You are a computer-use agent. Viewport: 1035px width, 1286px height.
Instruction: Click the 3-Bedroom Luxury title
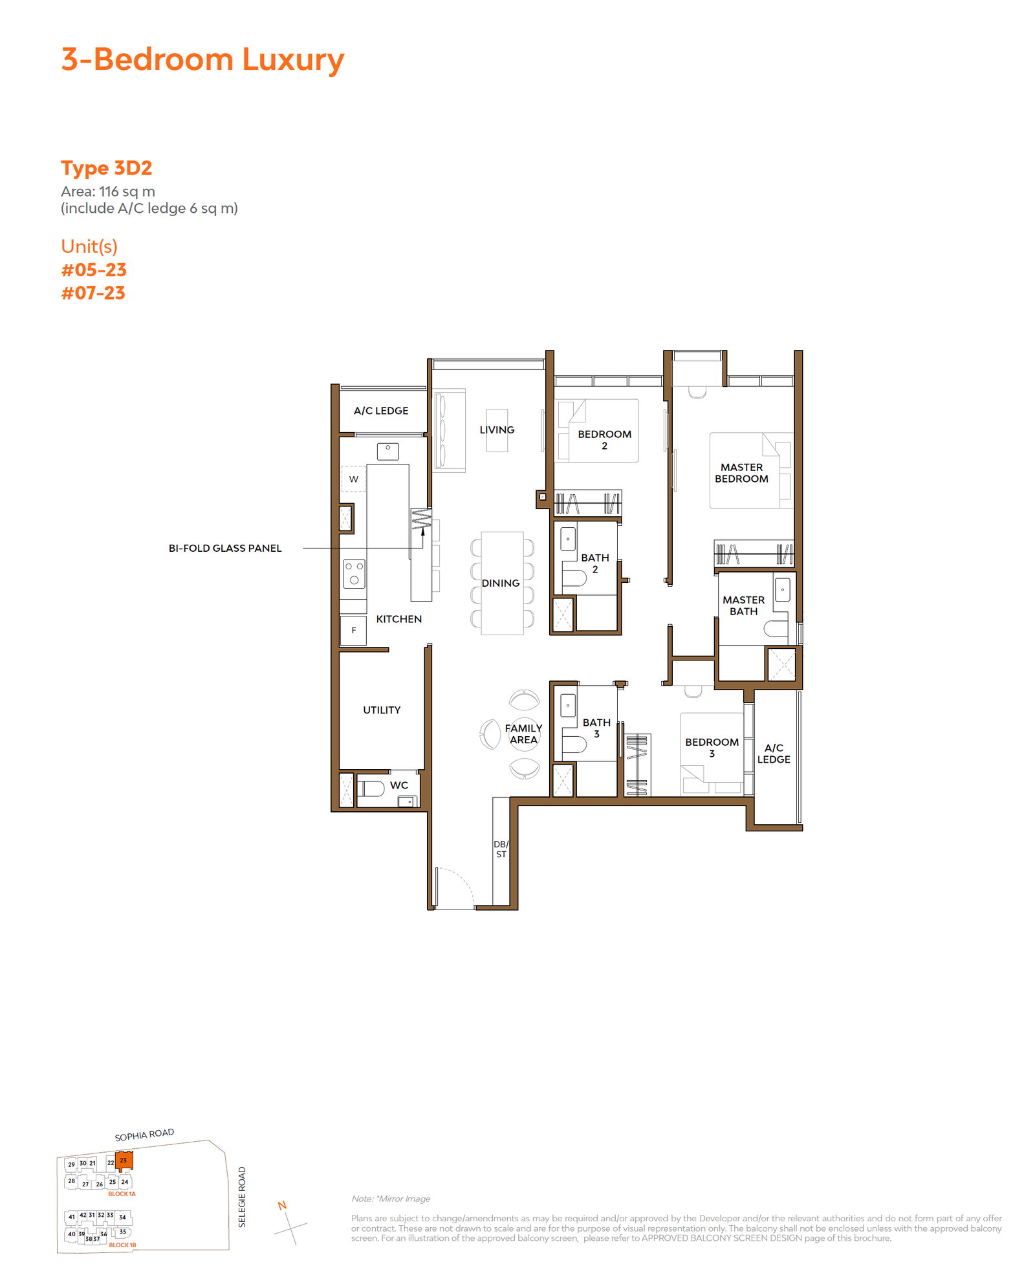[x=202, y=60]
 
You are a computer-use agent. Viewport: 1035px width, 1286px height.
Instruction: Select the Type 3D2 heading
[x=107, y=168]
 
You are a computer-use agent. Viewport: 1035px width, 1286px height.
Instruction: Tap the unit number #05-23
[x=94, y=270]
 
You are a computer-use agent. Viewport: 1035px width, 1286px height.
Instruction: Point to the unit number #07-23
[x=93, y=293]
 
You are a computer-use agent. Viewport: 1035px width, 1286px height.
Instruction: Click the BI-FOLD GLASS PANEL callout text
[x=225, y=548]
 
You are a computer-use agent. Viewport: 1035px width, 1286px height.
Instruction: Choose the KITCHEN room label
[x=399, y=619]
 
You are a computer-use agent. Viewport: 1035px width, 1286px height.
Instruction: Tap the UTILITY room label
[x=382, y=710]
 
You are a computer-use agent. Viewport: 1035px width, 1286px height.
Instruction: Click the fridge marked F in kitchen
[x=353, y=630]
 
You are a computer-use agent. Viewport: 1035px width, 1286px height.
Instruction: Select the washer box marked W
[x=353, y=479]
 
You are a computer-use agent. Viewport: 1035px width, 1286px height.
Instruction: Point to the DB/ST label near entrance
[x=501, y=849]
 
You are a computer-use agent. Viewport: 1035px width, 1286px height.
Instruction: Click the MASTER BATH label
[x=744, y=605]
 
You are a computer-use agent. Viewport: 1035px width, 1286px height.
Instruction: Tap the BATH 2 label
[x=595, y=563]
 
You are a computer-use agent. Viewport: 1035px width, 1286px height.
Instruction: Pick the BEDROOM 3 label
[x=712, y=748]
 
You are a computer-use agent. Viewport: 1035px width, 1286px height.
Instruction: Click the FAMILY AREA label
[x=524, y=734]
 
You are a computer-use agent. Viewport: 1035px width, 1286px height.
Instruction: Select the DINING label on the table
[x=501, y=583]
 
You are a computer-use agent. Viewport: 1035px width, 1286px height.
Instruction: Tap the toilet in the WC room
[x=371, y=788]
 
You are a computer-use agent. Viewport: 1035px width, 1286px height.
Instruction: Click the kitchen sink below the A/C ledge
[x=388, y=451]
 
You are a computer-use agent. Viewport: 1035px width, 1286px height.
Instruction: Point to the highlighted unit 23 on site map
[x=124, y=1161]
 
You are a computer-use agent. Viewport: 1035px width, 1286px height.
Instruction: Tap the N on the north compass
[x=282, y=1205]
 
